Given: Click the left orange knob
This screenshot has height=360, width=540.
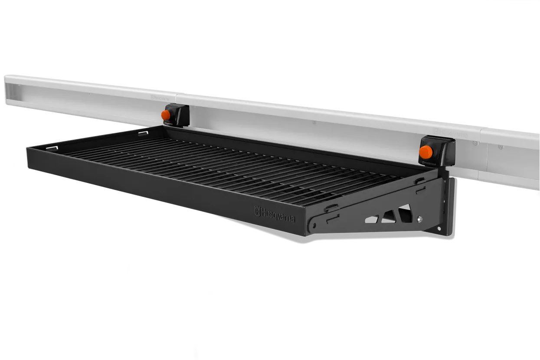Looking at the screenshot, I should click(x=165, y=115).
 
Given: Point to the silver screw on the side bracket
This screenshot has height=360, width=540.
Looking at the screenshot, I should click(x=419, y=219).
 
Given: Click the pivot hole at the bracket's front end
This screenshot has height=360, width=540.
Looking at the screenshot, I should click(x=311, y=226).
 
